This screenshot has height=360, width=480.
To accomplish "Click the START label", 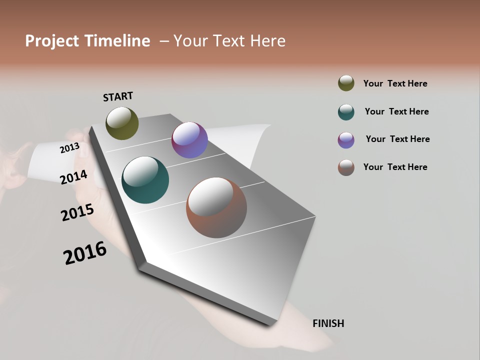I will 118,96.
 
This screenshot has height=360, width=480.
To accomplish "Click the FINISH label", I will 328,323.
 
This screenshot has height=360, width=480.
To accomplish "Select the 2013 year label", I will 69,147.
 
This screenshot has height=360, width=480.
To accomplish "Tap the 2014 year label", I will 73,177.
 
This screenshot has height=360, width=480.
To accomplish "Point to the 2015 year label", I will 77,212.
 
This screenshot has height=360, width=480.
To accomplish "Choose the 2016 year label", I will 85,253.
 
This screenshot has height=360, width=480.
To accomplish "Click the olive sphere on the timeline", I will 122,123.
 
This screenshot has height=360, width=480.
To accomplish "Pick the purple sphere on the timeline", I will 189,140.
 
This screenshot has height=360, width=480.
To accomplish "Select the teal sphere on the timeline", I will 145,180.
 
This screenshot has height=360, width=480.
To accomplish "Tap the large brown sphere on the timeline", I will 216,207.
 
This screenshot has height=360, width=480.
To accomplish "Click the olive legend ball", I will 346,83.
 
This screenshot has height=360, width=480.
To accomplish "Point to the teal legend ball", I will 346,112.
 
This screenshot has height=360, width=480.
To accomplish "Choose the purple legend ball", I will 346,140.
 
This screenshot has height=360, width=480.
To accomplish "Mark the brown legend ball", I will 346,167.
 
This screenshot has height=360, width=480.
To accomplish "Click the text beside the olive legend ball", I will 395,83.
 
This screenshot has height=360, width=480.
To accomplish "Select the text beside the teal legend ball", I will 396,111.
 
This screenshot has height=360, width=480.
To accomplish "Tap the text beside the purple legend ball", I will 397,139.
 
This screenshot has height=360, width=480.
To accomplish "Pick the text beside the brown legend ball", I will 395,167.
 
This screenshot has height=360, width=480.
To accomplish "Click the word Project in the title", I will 52,41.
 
